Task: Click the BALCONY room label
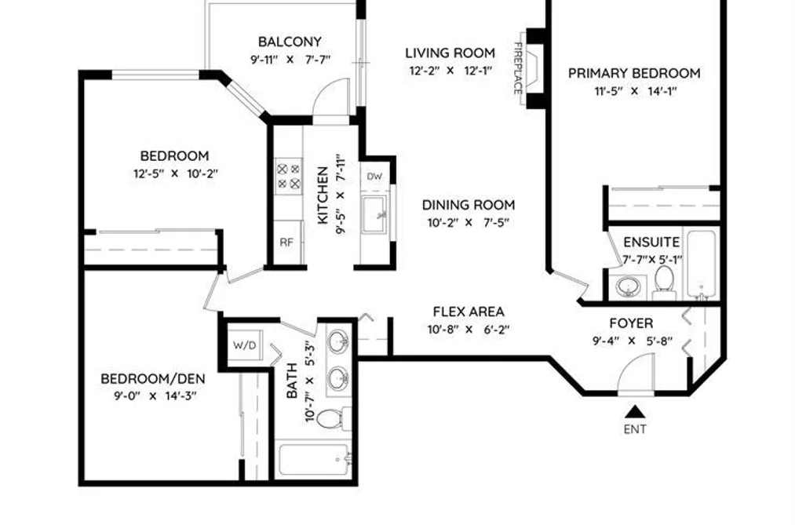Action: (290, 42)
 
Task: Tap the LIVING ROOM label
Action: (450, 53)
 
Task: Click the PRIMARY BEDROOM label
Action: (634, 74)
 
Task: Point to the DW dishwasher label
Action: (374, 177)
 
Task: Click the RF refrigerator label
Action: (286, 242)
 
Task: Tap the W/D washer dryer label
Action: (244, 345)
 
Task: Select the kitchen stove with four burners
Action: (288, 176)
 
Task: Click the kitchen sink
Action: (375, 214)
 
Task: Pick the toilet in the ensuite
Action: (664, 283)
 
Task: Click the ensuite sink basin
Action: (628, 286)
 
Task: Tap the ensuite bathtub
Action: (702, 264)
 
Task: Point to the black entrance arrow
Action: (635, 411)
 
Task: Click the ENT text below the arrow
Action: (635, 429)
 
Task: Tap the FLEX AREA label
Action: (469, 312)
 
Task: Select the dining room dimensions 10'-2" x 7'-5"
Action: (468, 222)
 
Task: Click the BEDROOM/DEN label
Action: (152, 378)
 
